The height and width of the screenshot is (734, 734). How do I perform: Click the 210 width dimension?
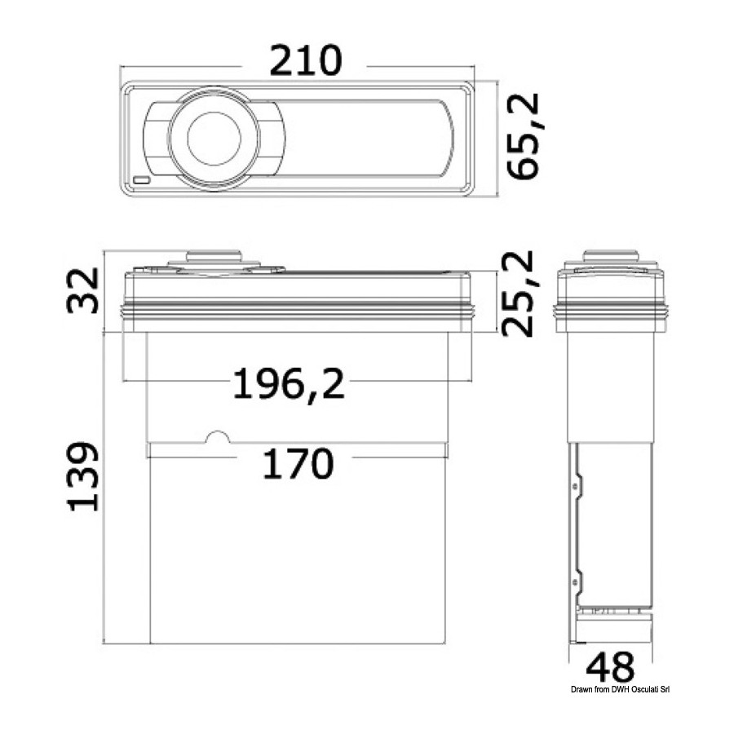pos(306,60)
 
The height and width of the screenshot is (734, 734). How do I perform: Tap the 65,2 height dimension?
pos(524,136)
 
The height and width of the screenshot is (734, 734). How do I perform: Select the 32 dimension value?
pos(82,290)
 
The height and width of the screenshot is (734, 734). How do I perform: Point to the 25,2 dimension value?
pos(517,294)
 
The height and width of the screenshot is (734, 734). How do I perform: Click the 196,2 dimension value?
pos(289,383)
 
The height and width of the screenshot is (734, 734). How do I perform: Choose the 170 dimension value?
pos(298,463)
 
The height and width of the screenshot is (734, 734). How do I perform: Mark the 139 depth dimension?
pos(83,476)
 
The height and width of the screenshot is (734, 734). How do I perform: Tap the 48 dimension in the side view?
pos(610,667)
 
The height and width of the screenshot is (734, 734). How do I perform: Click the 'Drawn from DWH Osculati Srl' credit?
pos(621,689)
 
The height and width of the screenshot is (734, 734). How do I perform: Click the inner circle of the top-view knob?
pos(214,139)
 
